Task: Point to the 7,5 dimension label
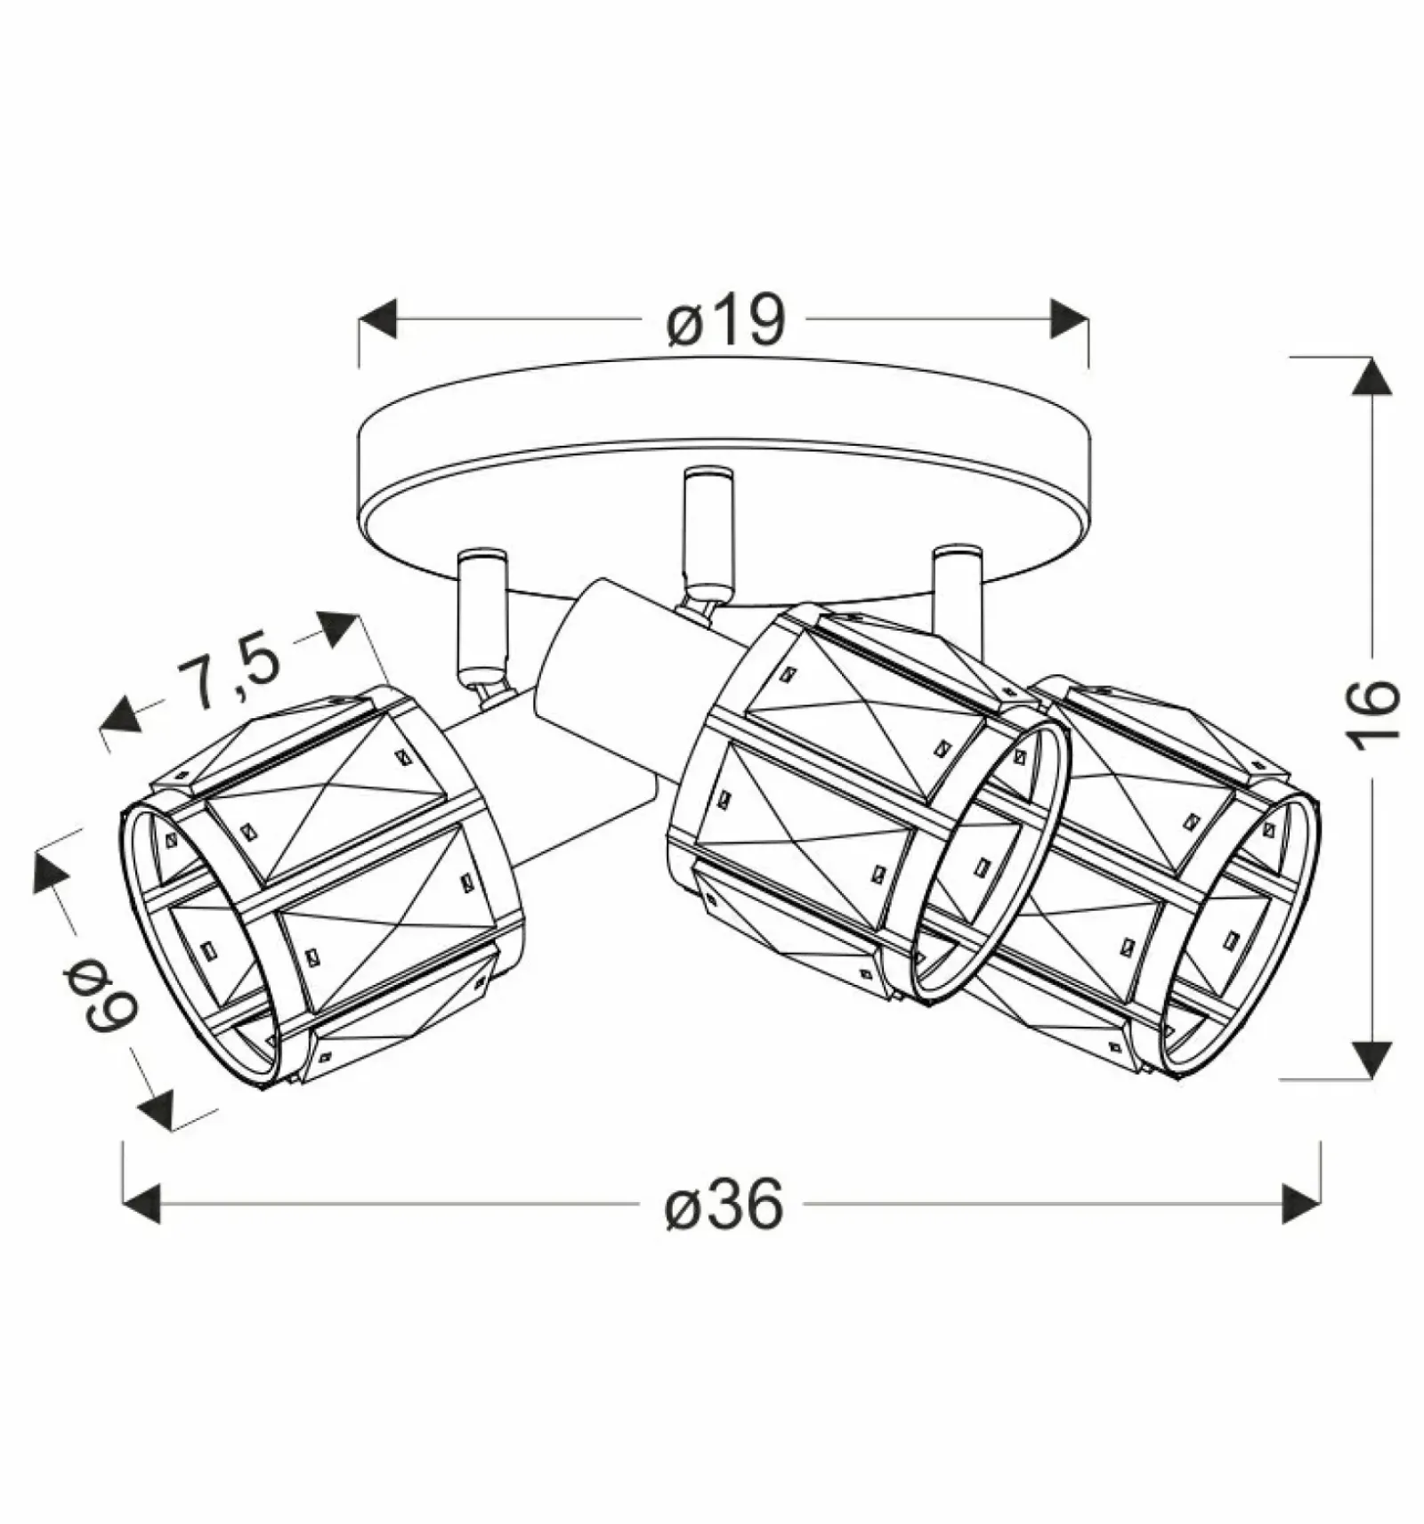click(x=228, y=675)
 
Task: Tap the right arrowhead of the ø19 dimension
click(x=1069, y=319)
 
